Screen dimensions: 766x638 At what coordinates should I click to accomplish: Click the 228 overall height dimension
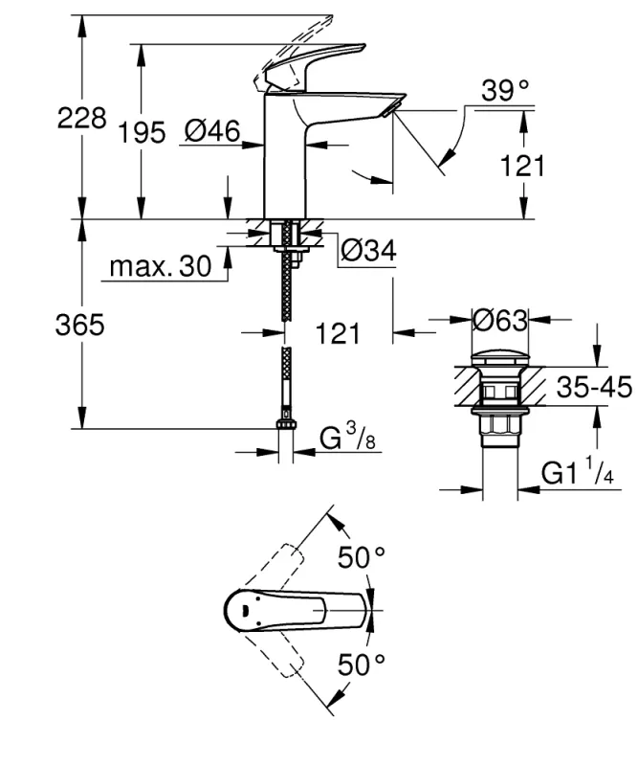tap(81, 119)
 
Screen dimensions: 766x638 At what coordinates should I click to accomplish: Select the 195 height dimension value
tap(142, 133)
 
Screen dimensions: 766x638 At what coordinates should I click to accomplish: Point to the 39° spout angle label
tap(506, 91)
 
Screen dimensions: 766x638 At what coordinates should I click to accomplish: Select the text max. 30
tap(160, 267)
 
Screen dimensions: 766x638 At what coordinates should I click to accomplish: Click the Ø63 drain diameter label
tap(498, 319)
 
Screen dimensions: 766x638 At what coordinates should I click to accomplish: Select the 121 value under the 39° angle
tap(521, 165)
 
